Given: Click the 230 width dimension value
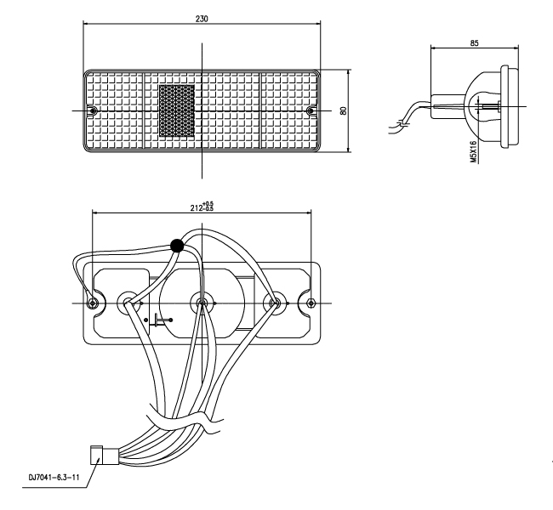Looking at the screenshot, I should [201, 18].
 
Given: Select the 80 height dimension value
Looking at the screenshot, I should [342, 111].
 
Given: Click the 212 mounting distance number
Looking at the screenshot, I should [197, 206].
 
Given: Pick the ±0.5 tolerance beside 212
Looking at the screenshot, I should [209, 206].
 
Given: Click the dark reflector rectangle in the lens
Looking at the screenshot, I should [178, 110].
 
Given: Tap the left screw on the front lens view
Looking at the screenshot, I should [94, 111].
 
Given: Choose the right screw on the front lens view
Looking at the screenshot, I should [310, 111].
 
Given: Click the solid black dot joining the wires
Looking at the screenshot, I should [177, 246].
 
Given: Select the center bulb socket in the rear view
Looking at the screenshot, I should [202, 302].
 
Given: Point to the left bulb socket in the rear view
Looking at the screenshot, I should [129, 302].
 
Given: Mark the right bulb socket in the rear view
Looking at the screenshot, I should [274, 302].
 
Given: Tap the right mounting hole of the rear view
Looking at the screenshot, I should [311, 303].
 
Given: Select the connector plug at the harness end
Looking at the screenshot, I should [100, 456].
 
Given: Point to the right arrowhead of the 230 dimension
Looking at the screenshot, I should [319, 24].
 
